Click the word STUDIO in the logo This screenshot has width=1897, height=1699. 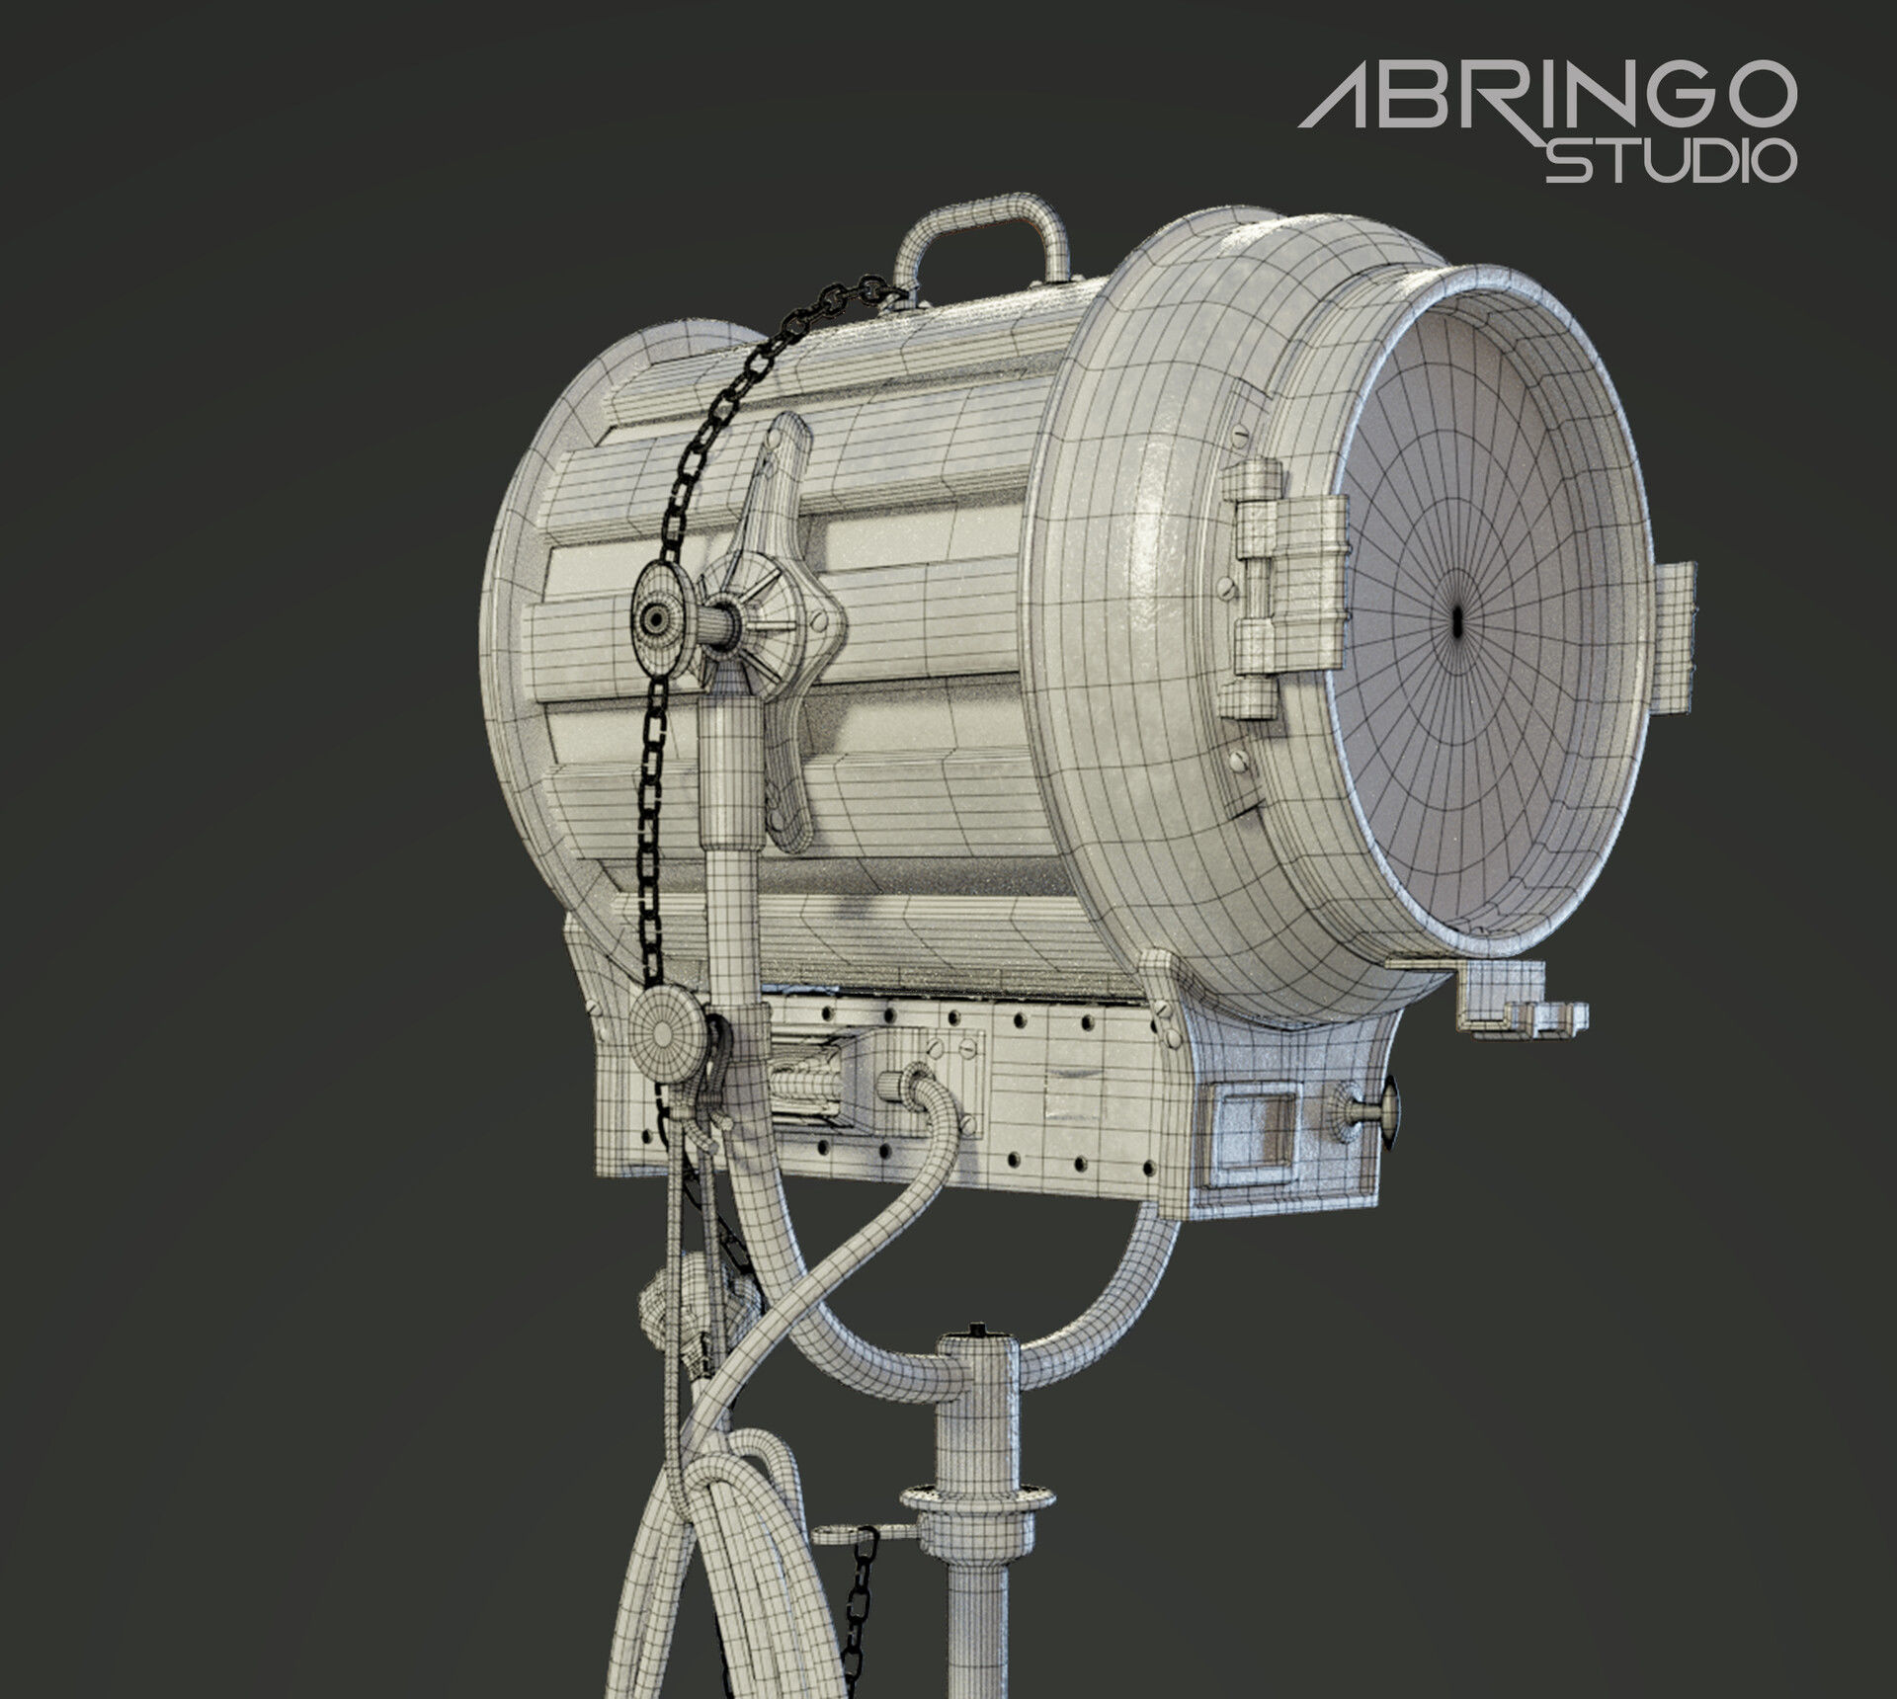[1670, 161]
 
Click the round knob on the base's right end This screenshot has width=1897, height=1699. [1388, 1112]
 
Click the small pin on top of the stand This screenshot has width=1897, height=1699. [977, 1329]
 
